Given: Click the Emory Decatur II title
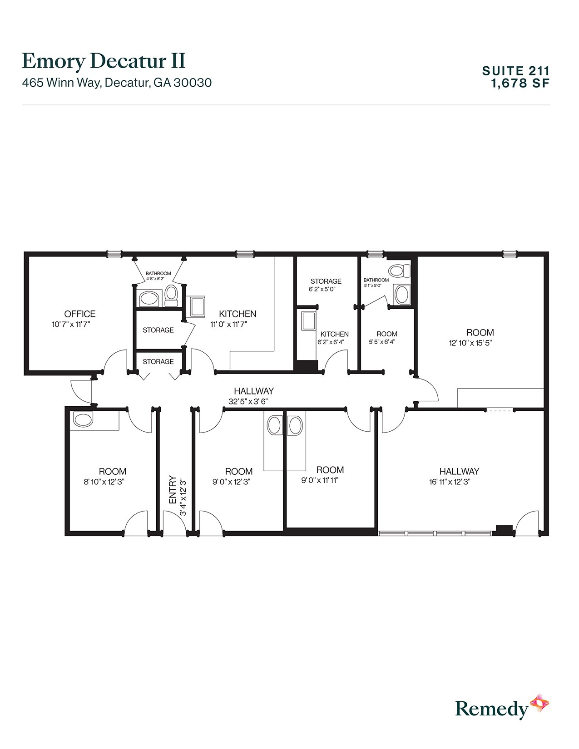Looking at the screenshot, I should tap(104, 61).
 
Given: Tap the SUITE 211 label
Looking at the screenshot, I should tap(516, 70).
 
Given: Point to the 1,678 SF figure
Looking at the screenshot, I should tap(520, 83).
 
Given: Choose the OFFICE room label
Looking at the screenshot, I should tap(80, 314).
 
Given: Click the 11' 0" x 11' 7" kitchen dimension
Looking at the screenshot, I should tap(228, 325).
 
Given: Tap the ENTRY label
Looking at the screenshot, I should tap(173, 489).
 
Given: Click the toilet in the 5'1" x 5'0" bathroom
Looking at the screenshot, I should tap(398, 271).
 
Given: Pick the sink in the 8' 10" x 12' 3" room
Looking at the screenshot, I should tap(83, 419).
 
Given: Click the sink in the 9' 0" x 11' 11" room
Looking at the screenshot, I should tap(295, 426).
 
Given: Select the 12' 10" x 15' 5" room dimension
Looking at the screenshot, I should tap(470, 343).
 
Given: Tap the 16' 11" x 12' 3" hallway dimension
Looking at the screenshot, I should tap(450, 482).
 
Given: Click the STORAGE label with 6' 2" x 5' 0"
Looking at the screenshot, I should tap(326, 281).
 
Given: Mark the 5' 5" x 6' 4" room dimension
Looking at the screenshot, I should tap(382, 342).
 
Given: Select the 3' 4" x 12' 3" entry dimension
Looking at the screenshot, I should tap(183, 497).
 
